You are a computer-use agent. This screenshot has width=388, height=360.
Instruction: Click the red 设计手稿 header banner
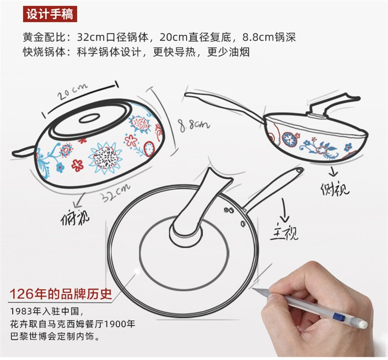tap(50, 14)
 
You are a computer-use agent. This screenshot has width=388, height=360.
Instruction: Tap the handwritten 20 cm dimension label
tap(72, 92)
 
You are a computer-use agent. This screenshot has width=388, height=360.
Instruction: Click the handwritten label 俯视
tap(75, 218)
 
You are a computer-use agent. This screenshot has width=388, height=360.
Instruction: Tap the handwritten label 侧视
tap(335, 189)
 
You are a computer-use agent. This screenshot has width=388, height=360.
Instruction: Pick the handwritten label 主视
tap(284, 233)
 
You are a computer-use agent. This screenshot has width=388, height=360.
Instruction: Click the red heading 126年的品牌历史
tap(61, 294)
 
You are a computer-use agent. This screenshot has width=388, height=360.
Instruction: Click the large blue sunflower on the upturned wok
tap(106, 157)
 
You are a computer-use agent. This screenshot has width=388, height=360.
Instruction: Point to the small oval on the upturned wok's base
tap(89, 119)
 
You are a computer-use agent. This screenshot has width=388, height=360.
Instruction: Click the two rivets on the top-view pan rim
tap(229, 210)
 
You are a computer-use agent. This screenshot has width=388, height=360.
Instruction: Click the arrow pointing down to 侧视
tap(333, 171)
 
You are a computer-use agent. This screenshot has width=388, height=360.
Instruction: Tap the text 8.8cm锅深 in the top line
tap(269, 37)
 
